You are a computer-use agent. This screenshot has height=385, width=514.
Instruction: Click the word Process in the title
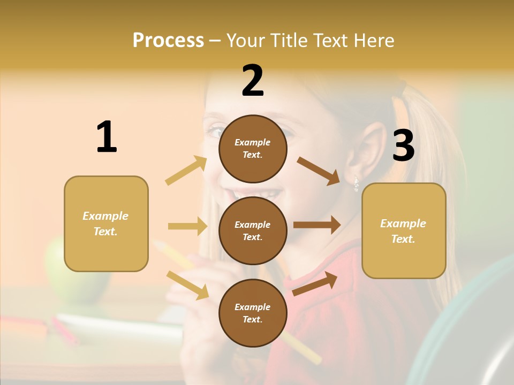pyautogui.click(x=168, y=41)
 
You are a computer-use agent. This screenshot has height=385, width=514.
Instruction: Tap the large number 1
pyautogui.click(x=107, y=137)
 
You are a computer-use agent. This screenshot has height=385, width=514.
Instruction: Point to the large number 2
pyautogui.click(x=253, y=81)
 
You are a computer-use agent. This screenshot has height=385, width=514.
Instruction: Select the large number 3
pyautogui.click(x=403, y=145)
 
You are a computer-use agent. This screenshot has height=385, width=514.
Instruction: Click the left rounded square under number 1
pyautogui.click(x=106, y=224)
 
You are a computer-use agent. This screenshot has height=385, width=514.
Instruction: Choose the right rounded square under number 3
pyautogui.click(x=404, y=230)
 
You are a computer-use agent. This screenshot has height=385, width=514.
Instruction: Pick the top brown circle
pyautogui.click(x=253, y=149)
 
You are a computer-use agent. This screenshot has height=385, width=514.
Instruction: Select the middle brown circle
pyautogui.click(x=253, y=230)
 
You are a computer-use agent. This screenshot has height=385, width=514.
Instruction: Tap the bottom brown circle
pyautogui.click(x=253, y=313)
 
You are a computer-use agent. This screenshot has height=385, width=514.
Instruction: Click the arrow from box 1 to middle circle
pyautogui.click(x=187, y=226)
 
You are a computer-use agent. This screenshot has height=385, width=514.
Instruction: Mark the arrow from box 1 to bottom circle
pyautogui.click(x=187, y=285)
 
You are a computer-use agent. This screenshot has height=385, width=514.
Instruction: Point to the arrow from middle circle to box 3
pyautogui.click(x=317, y=225)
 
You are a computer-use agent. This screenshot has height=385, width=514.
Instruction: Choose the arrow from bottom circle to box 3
pyautogui.click(x=315, y=283)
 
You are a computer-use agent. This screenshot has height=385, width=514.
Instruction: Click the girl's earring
pyautogui.click(x=356, y=184)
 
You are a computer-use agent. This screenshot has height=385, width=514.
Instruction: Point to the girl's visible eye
pyautogui.click(x=216, y=130)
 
